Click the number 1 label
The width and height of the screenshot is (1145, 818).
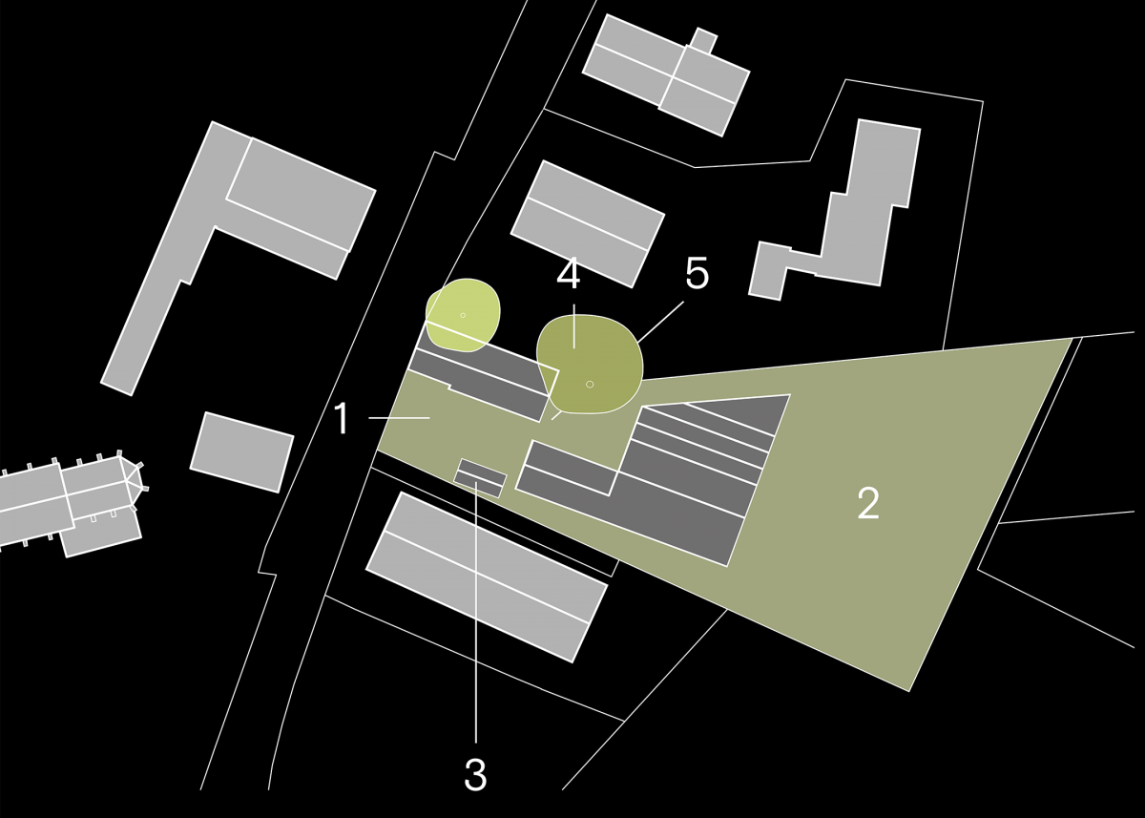(x=342, y=418)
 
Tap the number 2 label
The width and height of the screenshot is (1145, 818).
(x=868, y=504)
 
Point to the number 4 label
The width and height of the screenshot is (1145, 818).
(x=569, y=274)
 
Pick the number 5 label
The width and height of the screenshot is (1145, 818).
(x=697, y=273)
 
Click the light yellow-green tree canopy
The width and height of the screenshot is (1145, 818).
(x=463, y=315)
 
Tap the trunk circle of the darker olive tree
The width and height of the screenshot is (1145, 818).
(x=590, y=384)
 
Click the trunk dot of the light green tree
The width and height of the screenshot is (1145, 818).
(x=463, y=315)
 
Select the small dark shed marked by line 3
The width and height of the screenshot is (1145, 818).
(x=480, y=478)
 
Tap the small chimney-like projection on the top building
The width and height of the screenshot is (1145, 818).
(x=704, y=40)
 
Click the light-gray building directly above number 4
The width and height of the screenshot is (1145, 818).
(x=588, y=224)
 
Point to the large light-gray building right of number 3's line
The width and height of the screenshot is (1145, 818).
(x=487, y=577)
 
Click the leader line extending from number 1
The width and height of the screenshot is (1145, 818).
(x=399, y=418)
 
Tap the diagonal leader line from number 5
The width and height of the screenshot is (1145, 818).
(x=660, y=321)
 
